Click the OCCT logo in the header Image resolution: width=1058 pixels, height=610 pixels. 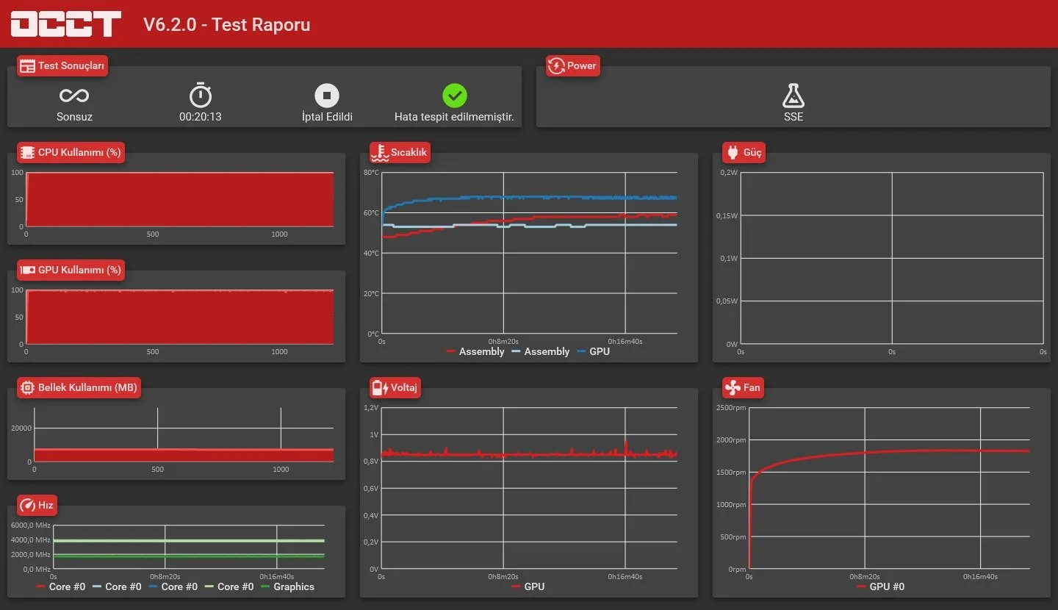pyautogui.click(x=65, y=24)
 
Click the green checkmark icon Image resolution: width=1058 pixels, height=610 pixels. pyautogui.click(x=454, y=96)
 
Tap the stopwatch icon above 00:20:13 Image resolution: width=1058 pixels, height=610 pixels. pyautogui.click(x=201, y=95)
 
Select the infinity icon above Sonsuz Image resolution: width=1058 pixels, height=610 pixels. pyautogui.click(x=74, y=96)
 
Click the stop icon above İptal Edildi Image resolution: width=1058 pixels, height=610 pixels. pyautogui.click(x=327, y=96)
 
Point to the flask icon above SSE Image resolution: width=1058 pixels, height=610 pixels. pyautogui.click(x=793, y=96)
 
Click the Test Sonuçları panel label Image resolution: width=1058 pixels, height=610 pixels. pyautogui.click(x=62, y=65)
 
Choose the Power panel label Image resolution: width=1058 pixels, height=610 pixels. pyautogui.click(x=573, y=65)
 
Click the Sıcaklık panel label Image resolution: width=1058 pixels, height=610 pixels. pyautogui.click(x=400, y=152)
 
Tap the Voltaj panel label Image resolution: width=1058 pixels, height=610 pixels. pyautogui.click(x=395, y=387)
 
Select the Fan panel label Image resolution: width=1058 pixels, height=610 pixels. pyautogui.click(x=743, y=387)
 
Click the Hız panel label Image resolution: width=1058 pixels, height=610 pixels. pyautogui.click(x=37, y=505)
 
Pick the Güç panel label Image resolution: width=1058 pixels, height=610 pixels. pyautogui.click(x=744, y=152)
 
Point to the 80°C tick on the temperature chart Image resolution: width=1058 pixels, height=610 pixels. pyautogui.click(x=371, y=173)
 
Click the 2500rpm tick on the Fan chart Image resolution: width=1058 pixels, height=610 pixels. pyautogui.click(x=731, y=408)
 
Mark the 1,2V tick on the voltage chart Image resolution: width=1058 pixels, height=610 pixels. pyautogui.click(x=371, y=407)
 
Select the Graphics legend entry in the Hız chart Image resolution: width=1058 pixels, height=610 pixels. pyautogui.click(x=287, y=586)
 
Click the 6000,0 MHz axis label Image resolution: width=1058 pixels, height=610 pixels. pyautogui.click(x=31, y=525)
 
